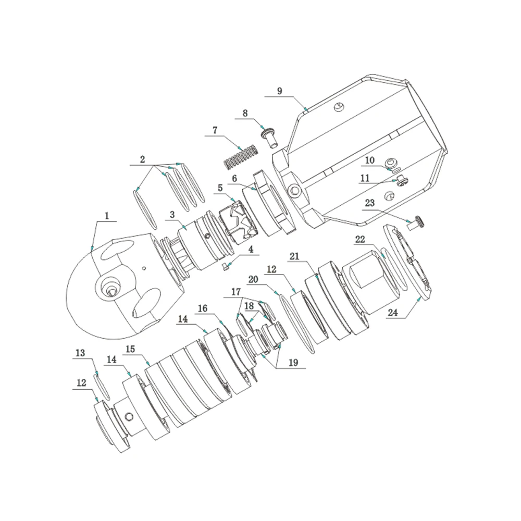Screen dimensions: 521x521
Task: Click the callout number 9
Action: click(279, 91)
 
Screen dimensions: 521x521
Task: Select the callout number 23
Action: click(370, 203)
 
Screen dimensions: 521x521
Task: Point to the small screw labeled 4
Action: click(226, 266)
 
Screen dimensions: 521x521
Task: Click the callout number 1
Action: click(107, 216)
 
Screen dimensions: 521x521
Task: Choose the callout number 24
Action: click(392, 313)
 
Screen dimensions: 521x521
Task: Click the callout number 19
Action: click(293, 363)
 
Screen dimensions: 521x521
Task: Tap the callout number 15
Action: click(131, 349)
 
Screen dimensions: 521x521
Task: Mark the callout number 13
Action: click(80, 353)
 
